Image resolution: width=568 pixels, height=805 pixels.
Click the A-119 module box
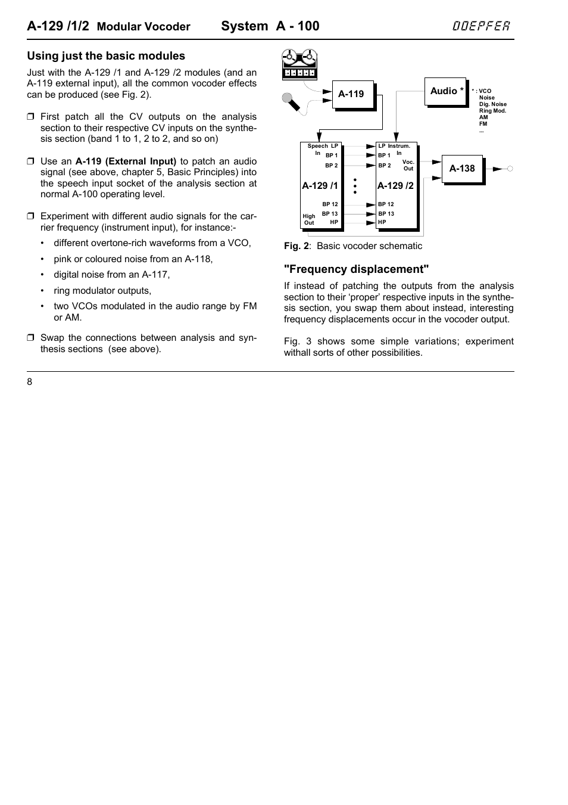[352, 94]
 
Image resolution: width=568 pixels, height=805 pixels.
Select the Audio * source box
[445, 91]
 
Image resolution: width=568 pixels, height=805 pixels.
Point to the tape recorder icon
[299, 65]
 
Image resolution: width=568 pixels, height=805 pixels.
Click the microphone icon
[291, 102]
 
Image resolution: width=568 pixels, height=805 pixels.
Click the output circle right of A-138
[510, 169]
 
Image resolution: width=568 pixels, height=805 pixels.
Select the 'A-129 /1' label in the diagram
[320, 186]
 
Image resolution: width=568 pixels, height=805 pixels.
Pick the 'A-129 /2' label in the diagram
[395, 186]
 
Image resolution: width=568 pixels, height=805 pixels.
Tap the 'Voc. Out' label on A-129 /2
[408, 165]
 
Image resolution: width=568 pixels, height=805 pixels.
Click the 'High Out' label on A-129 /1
[309, 220]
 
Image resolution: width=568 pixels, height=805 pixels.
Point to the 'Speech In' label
[317, 149]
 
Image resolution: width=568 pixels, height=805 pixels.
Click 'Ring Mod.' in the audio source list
[492, 111]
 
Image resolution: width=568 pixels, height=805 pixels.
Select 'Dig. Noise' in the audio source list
[492, 104]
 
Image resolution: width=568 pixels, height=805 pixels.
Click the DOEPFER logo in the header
[480, 26]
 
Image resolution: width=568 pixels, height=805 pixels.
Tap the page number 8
[30, 382]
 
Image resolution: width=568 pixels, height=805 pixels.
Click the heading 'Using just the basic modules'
[106, 56]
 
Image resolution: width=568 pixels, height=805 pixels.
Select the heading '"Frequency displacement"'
[356, 269]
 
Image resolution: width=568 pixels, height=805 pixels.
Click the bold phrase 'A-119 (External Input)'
[126, 161]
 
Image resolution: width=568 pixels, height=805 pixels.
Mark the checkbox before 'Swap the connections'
[31, 338]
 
